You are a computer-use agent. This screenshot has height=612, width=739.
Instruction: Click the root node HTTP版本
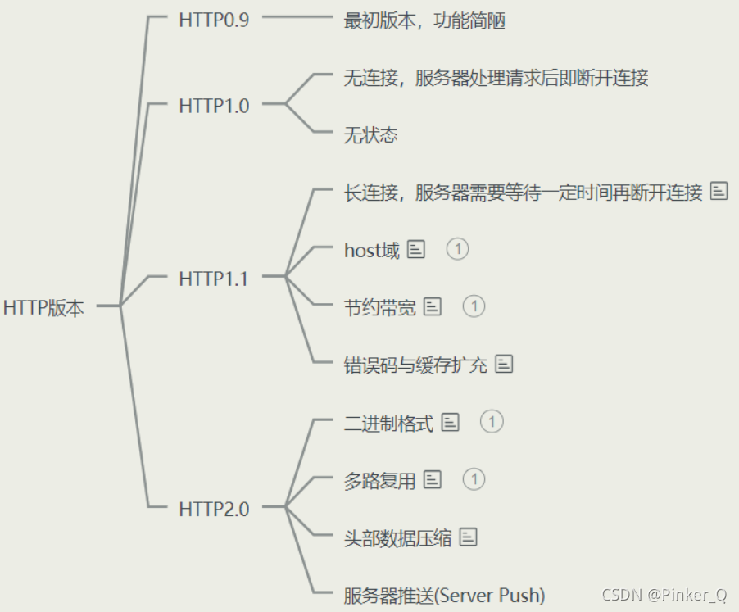click(43, 307)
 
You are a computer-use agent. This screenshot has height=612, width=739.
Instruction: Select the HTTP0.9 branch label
click(213, 20)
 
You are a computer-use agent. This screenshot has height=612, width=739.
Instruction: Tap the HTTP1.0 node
click(213, 105)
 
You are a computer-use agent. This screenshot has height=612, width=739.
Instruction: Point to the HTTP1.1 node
click(213, 278)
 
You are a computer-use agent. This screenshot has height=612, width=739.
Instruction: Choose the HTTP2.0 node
click(213, 509)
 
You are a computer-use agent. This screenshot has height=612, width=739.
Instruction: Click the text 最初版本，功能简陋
click(424, 20)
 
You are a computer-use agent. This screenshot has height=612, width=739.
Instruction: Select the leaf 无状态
click(370, 135)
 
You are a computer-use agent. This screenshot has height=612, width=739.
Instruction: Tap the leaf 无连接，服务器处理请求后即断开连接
click(496, 78)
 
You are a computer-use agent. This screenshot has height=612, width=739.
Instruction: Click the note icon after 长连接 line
click(719, 192)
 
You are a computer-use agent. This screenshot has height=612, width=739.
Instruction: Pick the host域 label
click(371, 250)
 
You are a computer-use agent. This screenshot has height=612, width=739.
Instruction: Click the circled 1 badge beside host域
click(457, 248)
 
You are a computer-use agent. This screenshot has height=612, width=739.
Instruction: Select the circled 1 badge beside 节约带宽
click(474, 306)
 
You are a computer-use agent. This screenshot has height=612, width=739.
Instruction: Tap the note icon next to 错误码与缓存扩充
click(504, 364)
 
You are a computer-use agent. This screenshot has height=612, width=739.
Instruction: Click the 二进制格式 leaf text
click(388, 423)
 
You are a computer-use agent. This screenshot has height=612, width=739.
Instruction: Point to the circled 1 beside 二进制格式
click(491, 422)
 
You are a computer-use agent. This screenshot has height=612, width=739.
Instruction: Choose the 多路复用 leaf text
click(379, 480)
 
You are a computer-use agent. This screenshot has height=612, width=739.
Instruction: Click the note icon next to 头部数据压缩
click(468, 537)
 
